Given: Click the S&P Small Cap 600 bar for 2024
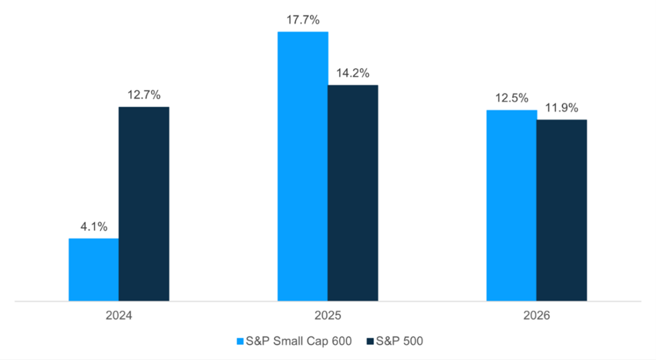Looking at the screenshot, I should coord(94,270).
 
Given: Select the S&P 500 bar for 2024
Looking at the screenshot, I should coord(143,204).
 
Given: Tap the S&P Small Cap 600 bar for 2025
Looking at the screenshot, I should coord(303,166).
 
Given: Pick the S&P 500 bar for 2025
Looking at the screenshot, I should coord(353,193).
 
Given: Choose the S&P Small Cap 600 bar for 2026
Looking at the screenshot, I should coord(511,205).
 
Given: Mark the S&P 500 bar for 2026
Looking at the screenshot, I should coord(561,211).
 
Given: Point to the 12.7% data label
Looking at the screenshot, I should coord(143,95).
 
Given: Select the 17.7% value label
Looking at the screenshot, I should coord(303,20).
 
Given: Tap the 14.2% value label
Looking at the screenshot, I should coord(353,73).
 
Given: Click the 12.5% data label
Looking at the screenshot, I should coord(511,98).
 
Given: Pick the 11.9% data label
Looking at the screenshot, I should coord(561,107).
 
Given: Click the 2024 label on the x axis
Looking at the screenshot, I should coord(119,316).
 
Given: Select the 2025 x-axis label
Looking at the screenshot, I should coord(328,316).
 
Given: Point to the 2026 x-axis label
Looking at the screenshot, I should coord(537,316).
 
